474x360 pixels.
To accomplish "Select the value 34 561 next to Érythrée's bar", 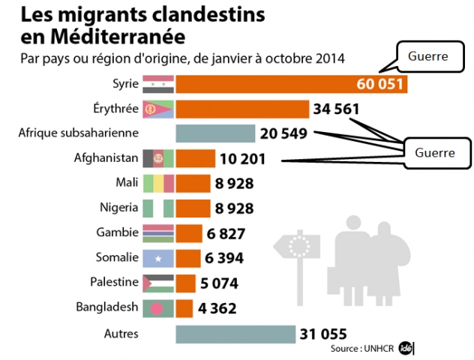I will (x=337, y=109).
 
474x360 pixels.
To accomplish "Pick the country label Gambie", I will (x=118, y=232).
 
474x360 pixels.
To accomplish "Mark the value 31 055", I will (x=324, y=333).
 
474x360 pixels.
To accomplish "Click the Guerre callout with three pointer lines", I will (x=436, y=152).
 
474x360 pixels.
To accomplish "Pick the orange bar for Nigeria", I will (x=193, y=208).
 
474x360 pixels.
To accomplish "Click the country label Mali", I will (x=126, y=183).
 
